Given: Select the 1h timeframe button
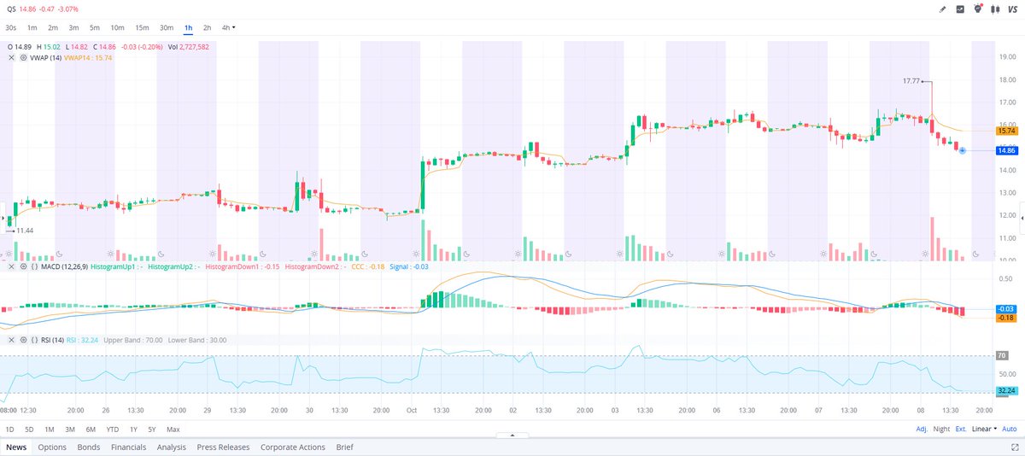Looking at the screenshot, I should click(x=188, y=27).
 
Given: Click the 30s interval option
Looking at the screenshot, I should click(x=11, y=27).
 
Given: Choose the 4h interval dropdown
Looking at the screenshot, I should click(x=228, y=27).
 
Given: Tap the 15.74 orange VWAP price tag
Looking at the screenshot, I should click(x=1005, y=131).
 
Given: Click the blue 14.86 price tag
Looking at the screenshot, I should click(x=1005, y=150).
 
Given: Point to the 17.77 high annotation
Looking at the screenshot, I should click(x=911, y=80).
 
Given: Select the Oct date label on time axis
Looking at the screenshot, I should click(x=411, y=410).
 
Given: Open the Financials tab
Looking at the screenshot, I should click(x=128, y=447).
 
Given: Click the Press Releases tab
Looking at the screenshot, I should click(x=223, y=447).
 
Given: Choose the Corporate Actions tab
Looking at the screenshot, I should click(x=293, y=447).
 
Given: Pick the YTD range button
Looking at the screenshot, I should click(x=112, y=429).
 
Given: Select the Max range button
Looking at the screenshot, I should click(x=173, y=429).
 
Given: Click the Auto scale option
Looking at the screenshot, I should click(x=1009, y=429).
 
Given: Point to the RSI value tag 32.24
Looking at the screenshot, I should click(x=1005, y=390).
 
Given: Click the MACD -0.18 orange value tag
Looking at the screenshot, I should click(x=1005, y=318).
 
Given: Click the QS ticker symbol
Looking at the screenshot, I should click(x=11, y=9).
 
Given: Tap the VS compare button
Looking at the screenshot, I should click(x=1011, y=9).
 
